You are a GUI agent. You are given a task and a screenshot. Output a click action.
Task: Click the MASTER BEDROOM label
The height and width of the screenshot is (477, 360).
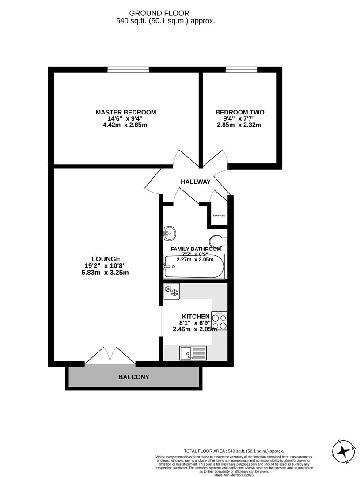125,112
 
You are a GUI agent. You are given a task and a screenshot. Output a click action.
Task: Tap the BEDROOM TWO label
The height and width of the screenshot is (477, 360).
239,112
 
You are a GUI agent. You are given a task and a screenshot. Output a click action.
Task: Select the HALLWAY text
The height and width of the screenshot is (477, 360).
195,182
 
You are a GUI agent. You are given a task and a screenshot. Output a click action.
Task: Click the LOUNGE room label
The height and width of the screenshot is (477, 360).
106,259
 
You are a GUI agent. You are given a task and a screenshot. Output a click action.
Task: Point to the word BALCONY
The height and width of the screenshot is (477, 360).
133,377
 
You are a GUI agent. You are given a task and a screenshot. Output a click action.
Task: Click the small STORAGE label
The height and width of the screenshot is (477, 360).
219,216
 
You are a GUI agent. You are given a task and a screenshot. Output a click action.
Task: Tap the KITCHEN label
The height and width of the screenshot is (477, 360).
195,316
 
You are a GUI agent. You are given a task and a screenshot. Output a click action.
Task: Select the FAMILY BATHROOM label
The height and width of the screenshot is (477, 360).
196,249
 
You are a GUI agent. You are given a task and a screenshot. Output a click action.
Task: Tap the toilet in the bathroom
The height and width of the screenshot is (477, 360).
218,241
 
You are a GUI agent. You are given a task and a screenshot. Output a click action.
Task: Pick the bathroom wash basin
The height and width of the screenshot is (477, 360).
170,232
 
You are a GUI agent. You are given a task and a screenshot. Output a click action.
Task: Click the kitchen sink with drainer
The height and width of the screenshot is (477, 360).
193,352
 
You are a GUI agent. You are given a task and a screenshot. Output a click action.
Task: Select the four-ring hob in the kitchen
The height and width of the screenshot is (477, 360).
219,321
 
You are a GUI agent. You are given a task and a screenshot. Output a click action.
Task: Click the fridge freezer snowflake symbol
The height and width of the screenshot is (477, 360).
171,291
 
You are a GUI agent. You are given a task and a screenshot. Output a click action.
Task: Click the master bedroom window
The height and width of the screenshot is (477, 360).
128,69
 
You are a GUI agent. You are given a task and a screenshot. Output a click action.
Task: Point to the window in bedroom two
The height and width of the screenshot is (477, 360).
241,69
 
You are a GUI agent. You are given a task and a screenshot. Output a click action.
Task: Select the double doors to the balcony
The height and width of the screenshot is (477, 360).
110,356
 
